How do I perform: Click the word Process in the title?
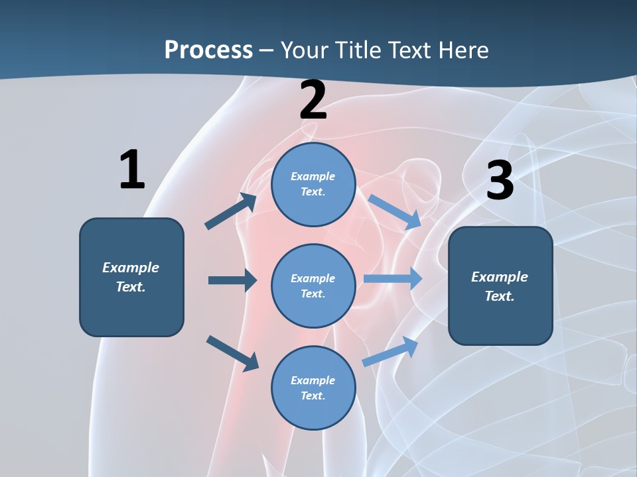[x=208, y=50]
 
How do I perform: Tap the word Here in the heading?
[x=461, y=50]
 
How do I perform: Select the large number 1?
[x=132, y=170]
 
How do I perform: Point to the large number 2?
[x=313, y=100]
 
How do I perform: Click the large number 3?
[x=500, y=181]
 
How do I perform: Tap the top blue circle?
[x=313, y=184]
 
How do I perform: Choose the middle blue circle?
[x=313, y=286]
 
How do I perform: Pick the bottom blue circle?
[x=313, y=388]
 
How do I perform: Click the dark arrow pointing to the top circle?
[x=231, y=211]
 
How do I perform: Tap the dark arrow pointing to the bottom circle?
[x=232, y=353]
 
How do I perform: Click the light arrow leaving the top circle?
[x=394, y=212]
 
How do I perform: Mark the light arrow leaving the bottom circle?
[x=390, y=351]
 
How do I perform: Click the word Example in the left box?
[x=131, y=268]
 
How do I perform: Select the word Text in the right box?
[x=499, y=296]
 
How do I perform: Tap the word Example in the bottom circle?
[x=313, y=380]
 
